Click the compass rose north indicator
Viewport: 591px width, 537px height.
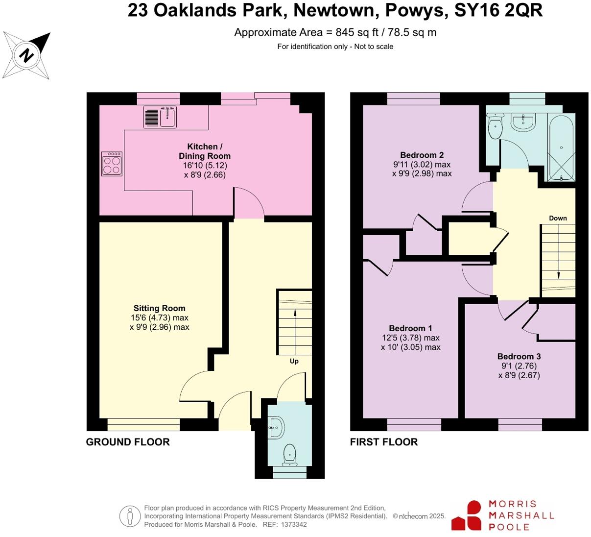[27, 55]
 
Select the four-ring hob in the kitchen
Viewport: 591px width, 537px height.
[112, 164]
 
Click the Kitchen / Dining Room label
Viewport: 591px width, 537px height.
[204, 151]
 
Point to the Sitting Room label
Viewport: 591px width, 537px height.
[159, 308]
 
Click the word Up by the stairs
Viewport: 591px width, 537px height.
[294, 361]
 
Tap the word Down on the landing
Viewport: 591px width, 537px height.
[558, 218]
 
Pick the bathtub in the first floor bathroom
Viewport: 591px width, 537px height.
[561, 147]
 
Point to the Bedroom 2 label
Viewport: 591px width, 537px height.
[422, 155]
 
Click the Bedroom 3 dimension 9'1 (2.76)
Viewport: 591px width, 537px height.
[519, 366]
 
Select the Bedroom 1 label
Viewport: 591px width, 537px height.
[410, 328]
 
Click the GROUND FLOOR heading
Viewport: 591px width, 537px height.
[128, 442]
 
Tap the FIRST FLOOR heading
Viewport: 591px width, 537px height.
[384, 442]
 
